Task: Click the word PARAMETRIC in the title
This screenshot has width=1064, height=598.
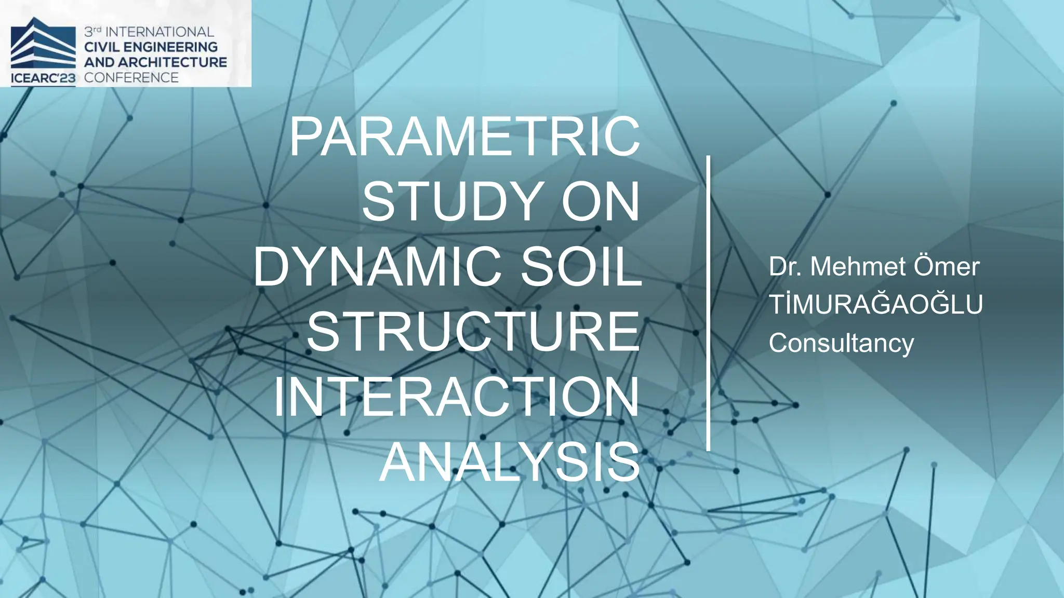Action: click(x=464, y=137)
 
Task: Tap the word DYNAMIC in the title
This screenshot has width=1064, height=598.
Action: click(x=378, y=267)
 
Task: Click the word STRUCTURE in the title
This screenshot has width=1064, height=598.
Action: click(x=473, y=332)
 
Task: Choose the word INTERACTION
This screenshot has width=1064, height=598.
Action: click(x=456, y=398)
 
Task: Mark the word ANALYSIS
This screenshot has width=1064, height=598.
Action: click(x=510, y=463)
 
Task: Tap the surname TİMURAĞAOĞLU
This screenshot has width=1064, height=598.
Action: click(x=876, y=305)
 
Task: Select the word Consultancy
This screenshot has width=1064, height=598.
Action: click(x=841, y=343)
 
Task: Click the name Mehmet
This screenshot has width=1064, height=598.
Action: click(x=858, y=267)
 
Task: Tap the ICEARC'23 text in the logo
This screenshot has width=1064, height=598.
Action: click(x=43, y=79)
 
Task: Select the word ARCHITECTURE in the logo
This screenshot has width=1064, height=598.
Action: click(x=171, y=62)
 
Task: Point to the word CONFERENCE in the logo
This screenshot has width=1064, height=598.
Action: click(x=131, y=78)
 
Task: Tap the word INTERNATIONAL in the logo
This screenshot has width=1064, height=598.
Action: click(x=159, y=32)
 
